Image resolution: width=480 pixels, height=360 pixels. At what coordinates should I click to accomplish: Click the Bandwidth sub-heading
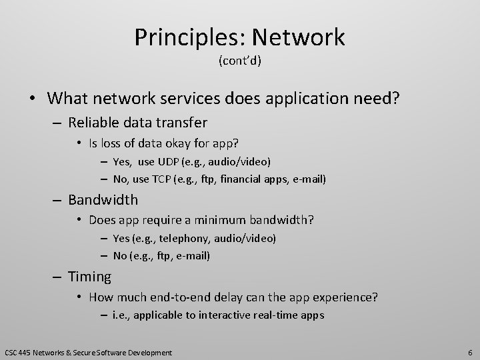[103, 199]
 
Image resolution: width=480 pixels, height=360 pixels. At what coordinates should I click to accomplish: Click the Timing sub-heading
[90, 276]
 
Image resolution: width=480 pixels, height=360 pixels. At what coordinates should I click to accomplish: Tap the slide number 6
[470, 352]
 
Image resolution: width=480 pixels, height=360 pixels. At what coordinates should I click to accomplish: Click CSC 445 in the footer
[18, 352]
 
